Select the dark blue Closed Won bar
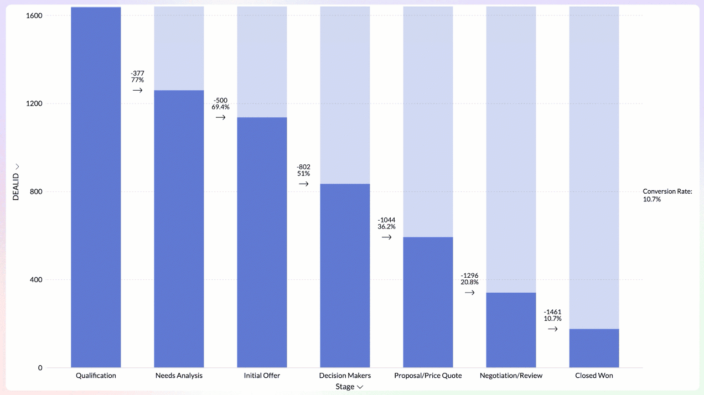[594, 348]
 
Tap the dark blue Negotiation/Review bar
[511, 330]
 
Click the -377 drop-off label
[137, 73]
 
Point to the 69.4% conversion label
[220, 107]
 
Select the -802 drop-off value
[303, 167]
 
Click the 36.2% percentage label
[386, 227]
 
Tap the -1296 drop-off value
[469, 276]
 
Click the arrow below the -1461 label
[552, 329]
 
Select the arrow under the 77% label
[137, 90]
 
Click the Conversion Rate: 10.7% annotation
[667, 195]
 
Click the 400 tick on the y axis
[35, 280]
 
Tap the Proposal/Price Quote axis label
[428, 376]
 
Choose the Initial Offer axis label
[262, 376]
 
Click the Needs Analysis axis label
[179, 376]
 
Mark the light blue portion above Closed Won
[594, 166]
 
